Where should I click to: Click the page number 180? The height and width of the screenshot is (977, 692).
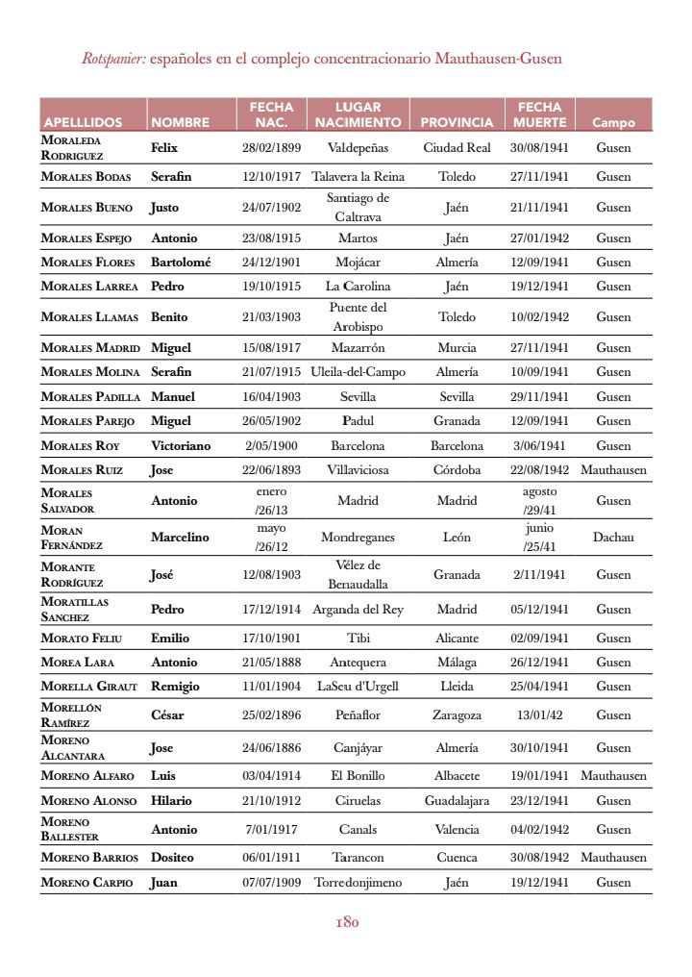coord(347,922)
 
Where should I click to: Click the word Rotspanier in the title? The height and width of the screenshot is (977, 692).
coord(113,59)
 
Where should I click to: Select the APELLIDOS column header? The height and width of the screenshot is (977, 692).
coord(83,123)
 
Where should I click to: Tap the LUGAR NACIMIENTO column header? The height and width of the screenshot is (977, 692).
coord(358,114)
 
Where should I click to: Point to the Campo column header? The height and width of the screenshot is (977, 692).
coord(613,123)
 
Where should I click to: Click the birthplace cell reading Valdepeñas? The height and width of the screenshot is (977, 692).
coord(358,148)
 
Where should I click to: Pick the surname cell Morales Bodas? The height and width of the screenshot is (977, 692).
coord(87,177)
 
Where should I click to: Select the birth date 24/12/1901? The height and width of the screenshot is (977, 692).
coord(271,263)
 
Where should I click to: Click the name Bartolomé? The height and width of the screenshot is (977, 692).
coord(181,263)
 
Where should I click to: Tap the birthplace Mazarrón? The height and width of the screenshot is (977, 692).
coord(358,348)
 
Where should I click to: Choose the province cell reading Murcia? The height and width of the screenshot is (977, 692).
coord(457,348)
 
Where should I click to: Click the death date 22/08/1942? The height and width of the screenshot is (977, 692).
coord(539,470)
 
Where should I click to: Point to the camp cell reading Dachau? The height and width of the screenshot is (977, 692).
coord(613,538)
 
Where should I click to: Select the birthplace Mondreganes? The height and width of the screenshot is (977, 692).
coord(358,538)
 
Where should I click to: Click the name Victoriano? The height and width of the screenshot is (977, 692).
coord(181,446)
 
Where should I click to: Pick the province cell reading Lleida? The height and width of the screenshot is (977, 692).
coord(457,687)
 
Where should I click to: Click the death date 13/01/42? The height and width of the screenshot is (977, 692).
coord(539,715)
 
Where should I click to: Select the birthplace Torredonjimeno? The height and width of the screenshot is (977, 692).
coord(358,883)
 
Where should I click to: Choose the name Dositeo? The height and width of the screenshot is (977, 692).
coord(172,858)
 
